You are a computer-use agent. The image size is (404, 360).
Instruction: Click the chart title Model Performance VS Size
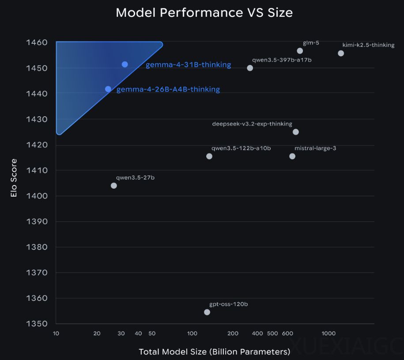pyautogui.click(x=204, y=13)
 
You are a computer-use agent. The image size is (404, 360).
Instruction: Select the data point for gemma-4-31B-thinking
pyautogui.click(x=125, y=64)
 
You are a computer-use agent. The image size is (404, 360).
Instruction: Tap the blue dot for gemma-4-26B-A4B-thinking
pyautogui.click(x=108, y=89)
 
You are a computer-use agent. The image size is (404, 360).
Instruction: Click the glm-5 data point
pyautogui.click(x=300, y=51)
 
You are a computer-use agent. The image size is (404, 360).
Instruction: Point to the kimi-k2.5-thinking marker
pyautogui.click(x=341, y=53)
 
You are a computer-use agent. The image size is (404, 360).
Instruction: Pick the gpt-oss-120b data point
pyautogui.click(x=207, y=312)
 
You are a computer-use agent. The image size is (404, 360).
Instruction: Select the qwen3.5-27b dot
pyautogui.click(x=114, y=186)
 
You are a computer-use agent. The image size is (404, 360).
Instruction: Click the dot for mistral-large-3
pyautogui.click(x=292, y=156)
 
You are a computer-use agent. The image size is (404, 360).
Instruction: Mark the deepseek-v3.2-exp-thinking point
pyautogui.click(x=296, y=132)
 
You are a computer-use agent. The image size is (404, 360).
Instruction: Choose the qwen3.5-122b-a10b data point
pyautogui.click(x=209, y=156)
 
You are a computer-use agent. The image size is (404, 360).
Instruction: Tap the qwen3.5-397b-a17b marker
pyautogui.click(x=250, y=68)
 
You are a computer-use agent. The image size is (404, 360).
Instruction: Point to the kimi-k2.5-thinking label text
pyautogui.click(x=368, y=45)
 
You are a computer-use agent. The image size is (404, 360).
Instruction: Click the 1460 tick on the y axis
pyautogui.click(x=38, y=43)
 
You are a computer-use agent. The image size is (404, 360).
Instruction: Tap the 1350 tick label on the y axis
pyautogui.click(x=38, y=324)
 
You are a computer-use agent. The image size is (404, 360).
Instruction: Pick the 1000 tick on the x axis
pyautogui.click(x=328, y=333)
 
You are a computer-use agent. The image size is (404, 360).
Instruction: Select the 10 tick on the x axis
pyautogui.click(x=56, y=333)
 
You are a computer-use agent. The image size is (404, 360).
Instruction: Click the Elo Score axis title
pyautogui.click(x=14, y=178)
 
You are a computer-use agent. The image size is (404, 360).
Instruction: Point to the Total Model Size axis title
pyautogui.click(x=215, y=352)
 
